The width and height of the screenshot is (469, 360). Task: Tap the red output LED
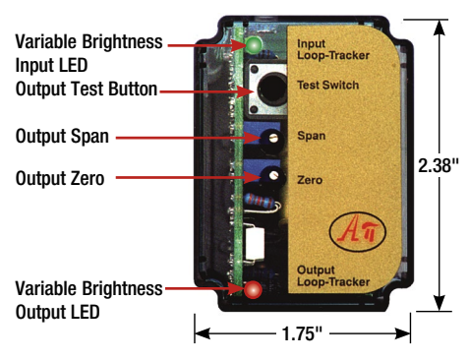coord(253,290)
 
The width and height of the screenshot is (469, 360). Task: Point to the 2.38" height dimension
coord(439,166)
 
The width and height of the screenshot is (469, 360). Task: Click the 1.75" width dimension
coord(302,333)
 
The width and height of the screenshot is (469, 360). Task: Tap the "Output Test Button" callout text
coord(86,90)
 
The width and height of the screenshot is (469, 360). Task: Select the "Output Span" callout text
coord(61,137)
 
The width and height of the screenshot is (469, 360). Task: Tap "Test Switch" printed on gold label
coord(328,86)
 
